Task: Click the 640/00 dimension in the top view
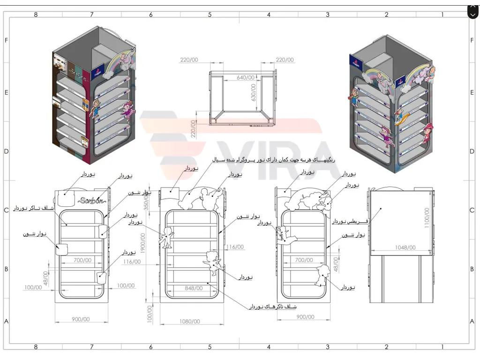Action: pyautogui.click(x=246, y=77)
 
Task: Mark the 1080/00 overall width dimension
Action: pyautogui.click(x=190, y=321)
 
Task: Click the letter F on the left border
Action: pyautogui.click(x=6, y=40)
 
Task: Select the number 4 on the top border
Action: pyautogui.click(x=269, y=15)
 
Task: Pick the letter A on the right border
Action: pyautogui.click(x=472, y=321)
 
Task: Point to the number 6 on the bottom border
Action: pyautogui.click(x=151, y=347)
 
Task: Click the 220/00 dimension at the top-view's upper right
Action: pyautogui.click(x=285, y=60)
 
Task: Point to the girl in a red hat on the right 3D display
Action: pyautogui.click(x=427, y=133)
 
